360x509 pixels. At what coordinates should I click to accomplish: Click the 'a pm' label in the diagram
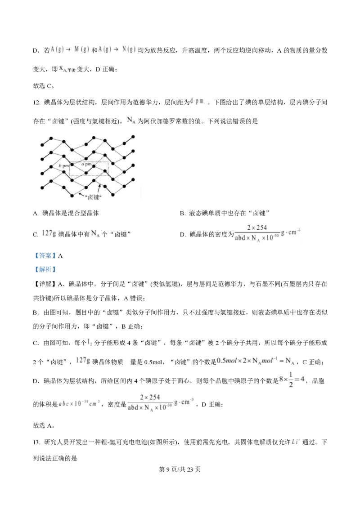click(86, 164)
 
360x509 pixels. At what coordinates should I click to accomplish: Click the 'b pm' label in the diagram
click(64, 166)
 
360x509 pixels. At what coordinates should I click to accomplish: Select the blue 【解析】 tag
click(45, 269)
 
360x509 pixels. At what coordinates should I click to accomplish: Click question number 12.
click(36, 103)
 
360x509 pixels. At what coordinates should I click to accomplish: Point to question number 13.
click(36, 442)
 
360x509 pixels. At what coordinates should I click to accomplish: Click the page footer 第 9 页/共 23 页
click(180, 469)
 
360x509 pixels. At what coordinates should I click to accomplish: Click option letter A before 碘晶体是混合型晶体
click(36, 214)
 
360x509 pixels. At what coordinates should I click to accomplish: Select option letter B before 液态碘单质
click(182, 214)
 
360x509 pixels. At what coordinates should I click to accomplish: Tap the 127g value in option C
click(49, 234)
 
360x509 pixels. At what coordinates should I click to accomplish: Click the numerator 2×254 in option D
click(257, 228)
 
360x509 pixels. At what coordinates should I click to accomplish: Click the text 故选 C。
click(44, 86)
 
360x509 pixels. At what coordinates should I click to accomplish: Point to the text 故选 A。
click(44, 425)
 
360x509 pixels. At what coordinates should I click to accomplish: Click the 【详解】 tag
click(45, 284)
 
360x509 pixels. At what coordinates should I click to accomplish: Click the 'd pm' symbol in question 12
click(197, 101)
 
